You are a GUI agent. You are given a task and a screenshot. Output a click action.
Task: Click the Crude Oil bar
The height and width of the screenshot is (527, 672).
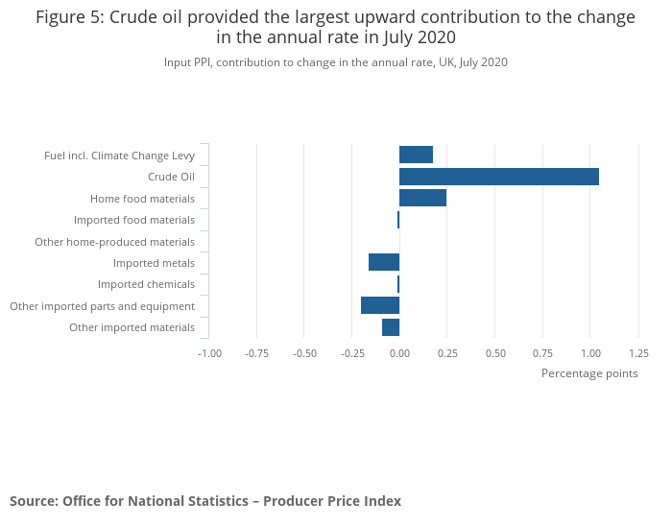point(499,177)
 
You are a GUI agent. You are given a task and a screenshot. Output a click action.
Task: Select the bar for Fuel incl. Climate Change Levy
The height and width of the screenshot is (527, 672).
point(416,155)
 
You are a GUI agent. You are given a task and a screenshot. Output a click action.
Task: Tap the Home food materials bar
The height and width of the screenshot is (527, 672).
point(422,198)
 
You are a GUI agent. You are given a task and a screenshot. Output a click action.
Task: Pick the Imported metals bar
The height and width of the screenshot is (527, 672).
point(384,262)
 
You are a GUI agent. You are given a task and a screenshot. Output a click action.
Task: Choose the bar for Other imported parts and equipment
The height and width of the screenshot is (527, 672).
point(380,305)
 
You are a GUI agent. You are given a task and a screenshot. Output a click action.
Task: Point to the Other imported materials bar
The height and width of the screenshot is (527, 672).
point(391,327)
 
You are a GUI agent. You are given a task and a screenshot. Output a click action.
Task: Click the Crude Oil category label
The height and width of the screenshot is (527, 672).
point(171,177)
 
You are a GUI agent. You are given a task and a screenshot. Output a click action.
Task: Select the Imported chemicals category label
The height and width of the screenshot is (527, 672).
point(146,284)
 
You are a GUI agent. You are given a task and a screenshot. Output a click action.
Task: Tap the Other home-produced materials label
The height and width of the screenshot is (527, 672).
point(114,242)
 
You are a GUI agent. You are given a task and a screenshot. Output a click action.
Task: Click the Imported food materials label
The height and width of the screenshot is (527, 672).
point(134,220)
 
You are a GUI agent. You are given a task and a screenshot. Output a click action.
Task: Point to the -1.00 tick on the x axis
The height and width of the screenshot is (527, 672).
point(209,353)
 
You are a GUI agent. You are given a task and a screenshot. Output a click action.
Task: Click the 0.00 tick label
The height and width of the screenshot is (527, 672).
point(399,353)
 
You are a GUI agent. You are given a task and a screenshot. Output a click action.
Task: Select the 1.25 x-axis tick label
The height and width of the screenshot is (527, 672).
point(638,353)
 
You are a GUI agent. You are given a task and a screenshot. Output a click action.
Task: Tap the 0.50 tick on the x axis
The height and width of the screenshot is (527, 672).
point(495,353)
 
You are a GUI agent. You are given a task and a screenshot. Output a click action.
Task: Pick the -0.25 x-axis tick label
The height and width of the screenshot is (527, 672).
point(352,353)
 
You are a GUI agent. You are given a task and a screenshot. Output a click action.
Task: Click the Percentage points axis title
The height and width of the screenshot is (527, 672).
point(589,373)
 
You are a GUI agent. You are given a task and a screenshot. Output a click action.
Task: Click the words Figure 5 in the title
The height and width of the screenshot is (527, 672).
point(70,17)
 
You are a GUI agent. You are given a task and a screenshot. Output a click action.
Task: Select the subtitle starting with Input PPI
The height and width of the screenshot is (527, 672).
point(336,62)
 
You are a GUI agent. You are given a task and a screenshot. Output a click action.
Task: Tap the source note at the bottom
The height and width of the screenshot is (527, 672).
point(205,501)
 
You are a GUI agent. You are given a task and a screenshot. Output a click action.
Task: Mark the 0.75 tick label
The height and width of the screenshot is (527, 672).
point(542,353)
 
